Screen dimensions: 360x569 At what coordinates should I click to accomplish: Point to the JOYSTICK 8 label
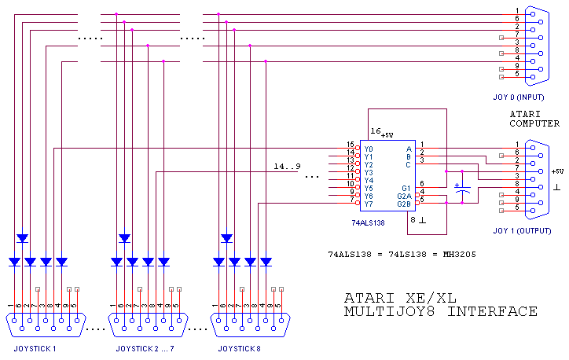tap(240, 347)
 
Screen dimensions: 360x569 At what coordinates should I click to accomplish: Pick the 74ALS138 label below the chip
tap(367, 223)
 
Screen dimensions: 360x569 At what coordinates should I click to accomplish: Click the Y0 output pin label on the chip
tap(369, 149)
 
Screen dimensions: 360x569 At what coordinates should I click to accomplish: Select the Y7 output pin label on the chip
tap(369, 204)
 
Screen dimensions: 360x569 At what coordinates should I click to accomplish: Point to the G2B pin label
tap(404, 204)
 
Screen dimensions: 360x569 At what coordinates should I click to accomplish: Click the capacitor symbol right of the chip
tap(464, 189)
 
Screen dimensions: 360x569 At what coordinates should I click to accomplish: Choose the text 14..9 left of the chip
tap(287, 167)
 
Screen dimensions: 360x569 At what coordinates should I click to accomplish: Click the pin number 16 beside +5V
tap(375, 130)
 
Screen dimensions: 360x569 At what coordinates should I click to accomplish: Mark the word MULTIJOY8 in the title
tap(384, 312)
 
